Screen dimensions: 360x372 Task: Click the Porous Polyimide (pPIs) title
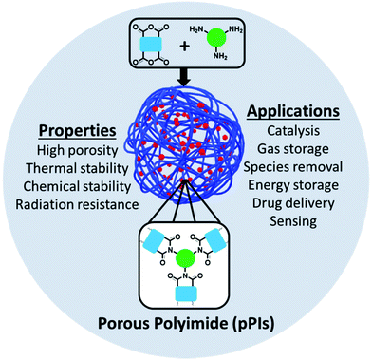[186, 322]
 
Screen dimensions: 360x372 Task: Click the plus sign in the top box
[185, 45]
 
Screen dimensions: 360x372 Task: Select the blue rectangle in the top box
[150, 45]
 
